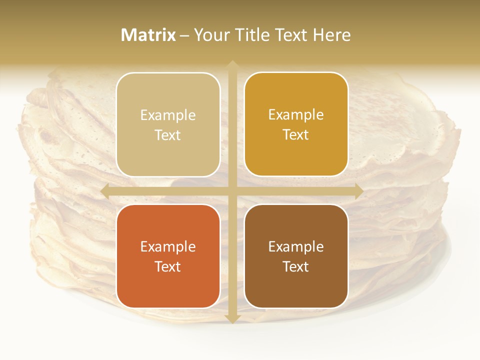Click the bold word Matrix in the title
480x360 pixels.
[148, 35]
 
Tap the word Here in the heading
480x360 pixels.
[331, 35]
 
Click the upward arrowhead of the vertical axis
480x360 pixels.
[232, 65]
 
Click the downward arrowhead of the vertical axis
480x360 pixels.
[232, 318]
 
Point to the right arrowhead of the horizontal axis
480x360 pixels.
[358, 191]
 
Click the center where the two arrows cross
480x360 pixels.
[232, 191]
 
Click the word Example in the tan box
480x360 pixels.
[168, 115]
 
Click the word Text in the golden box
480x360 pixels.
[296, 135]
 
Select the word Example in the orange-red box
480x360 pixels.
[168, 247]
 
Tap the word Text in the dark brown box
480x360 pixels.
[296, 266]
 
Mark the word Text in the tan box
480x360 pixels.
[168, 135]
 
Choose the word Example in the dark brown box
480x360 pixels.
[296, 247]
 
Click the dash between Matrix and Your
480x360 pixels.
[184, 35]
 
